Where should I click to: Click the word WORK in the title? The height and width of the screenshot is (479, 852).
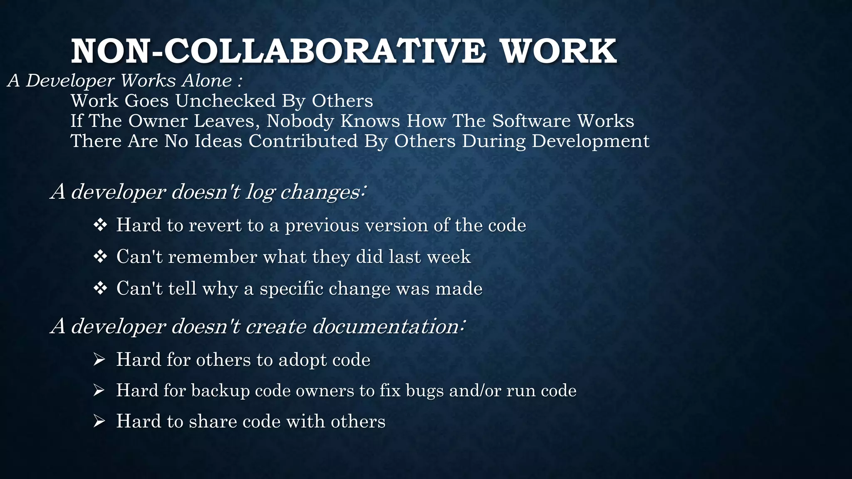coord(558,51)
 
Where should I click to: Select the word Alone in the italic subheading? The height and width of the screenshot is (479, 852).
coord(206,80)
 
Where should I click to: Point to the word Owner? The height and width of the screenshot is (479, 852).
coord(158,121)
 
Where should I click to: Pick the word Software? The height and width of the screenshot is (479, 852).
coord(531,121)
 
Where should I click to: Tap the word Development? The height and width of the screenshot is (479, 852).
coord(590,141)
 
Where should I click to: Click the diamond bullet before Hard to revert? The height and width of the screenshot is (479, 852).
coord(100,225)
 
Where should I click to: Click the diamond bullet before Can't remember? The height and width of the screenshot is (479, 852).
coord(100,257)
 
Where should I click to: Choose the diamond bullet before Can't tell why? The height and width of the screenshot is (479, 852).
coord(100,288)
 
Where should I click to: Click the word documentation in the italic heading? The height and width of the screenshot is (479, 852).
coord(385,326)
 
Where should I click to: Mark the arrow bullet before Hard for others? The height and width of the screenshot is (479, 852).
coord(99,359)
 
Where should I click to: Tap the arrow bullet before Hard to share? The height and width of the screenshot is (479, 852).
coord(99,421)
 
